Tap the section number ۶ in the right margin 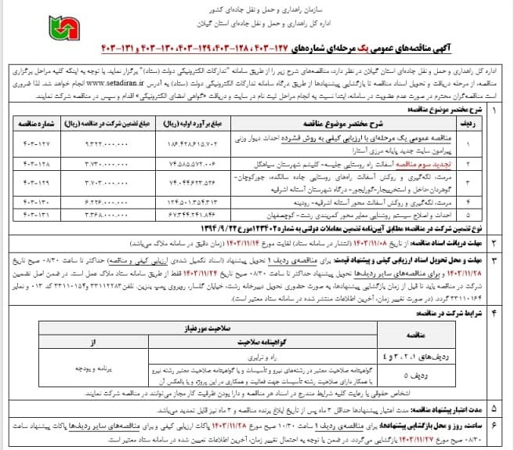(493, 424)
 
